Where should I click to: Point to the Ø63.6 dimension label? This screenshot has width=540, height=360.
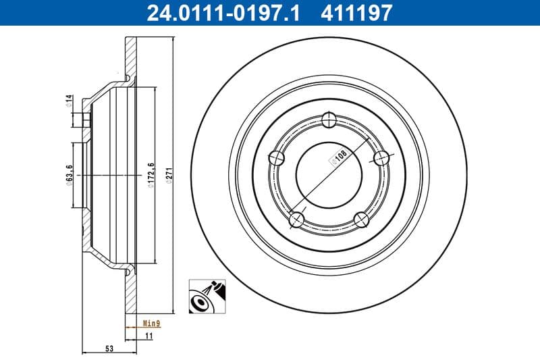69,175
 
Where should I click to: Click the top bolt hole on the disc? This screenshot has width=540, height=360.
329,121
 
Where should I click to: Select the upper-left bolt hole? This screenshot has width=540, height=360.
277,159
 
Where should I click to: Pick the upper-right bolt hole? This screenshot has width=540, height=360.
382,158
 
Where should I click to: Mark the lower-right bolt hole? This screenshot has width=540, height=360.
362,219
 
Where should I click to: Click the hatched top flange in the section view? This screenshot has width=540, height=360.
131,57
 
